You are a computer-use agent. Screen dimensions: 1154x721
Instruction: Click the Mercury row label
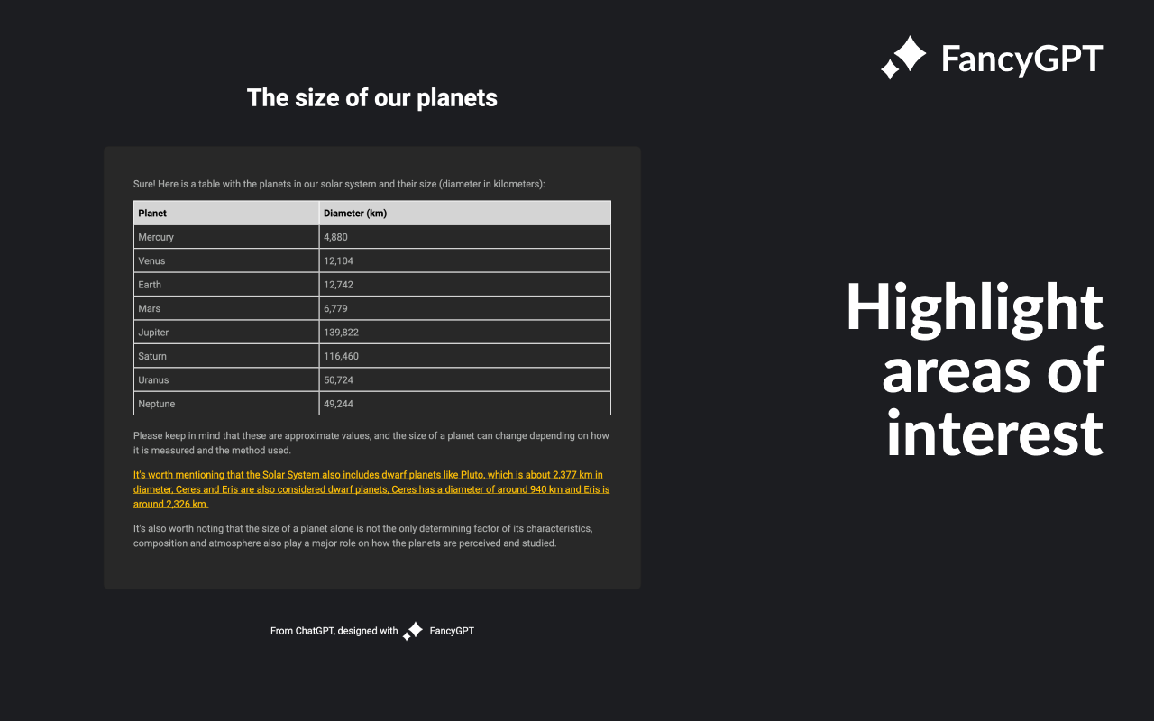pyautogui.click(x=156, y=237)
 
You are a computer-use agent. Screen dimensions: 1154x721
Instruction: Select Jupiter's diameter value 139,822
pyautogui.click(x=341, y=333)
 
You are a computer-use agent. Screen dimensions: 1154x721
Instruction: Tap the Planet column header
pyautogui.click(x=152, y=214)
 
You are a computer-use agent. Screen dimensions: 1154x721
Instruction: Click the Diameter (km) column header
pyautogui.click(x=355, y=214)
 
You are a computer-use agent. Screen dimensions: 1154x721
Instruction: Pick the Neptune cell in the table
pyautogui.click(x=156, y=404)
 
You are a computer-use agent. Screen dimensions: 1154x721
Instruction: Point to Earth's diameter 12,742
pyautogui.click(x=338, y=285)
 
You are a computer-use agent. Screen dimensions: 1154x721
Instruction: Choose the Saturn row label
pyautogui.click(x=152, y=356)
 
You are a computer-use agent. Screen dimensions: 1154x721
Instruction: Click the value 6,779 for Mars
pyautogui.click(x=335, y=308)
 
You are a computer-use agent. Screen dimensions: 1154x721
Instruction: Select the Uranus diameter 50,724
pyautogui.click(x=338, y=380)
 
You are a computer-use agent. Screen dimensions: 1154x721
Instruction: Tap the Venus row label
pyautogui.click(x=151, y=260)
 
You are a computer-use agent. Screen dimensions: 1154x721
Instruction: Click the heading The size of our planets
pyautogui.click(x=372, y=98)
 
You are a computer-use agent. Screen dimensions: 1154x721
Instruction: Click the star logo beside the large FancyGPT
pyautogui.click(x=903, y=57)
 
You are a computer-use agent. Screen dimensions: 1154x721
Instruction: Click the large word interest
pyautogui.click(x=994, y=434)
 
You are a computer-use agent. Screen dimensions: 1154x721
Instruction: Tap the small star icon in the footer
pyautogui.click(x=413, y=631)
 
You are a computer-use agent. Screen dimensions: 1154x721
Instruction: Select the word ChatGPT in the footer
pyautogui.click(x=315, y=631)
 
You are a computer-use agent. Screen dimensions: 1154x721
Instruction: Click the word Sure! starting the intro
pyautogui.click(x=144, y=184)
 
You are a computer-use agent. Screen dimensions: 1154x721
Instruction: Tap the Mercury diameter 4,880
pyautogui.click(x=335, y=237)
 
